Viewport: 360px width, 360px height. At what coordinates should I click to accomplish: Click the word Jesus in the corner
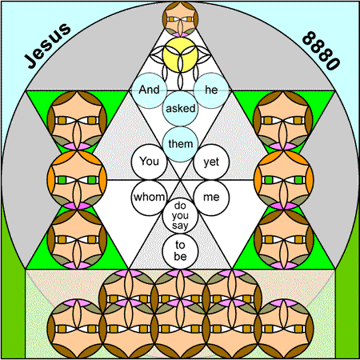pyautogui.click(x=48, y=46)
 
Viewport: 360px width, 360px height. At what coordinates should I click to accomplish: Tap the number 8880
pyautogui.click(x=321, y=50)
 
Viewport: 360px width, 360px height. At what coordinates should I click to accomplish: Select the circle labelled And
pyautogui.click(x=150, y=90)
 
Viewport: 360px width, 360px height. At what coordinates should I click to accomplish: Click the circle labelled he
pyautogui.click(x=211, y=90)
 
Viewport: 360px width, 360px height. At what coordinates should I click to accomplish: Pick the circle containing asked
pyautogui.click(x=180, y=109)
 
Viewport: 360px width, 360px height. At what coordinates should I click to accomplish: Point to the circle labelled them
pyautogui.click(x=180, y=144)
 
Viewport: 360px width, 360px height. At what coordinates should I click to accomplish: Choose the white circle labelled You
pyautogui.click(x=150, y=162)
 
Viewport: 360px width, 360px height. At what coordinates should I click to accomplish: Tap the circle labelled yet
pyautogui.click(x=211, y=162)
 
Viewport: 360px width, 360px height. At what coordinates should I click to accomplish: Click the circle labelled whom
pyautogui.click(x=150, y=198)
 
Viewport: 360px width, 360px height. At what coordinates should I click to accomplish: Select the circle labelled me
pyautogui.click(x=211, y=198)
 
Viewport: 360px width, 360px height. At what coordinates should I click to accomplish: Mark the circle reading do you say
pyautogui.click(x=180, y=215)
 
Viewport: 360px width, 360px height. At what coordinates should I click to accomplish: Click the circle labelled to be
pyautogui.click(x=180, y=251)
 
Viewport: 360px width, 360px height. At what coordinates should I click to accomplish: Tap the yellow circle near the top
pyautogui.click(x=180, y=55)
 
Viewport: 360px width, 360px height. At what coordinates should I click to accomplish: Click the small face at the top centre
pyautogui.click(x=180, y=19)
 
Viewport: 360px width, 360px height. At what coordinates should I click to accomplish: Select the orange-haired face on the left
pyautogui.click(x=77, y=180)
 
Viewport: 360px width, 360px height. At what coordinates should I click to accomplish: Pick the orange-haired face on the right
pyautogui.click(x=284, y=180)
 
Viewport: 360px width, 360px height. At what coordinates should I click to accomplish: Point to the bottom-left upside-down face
pyautogui.click(x=77, y=329)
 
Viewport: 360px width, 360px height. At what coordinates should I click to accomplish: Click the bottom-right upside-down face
pyautogui.click(x=284, y=329)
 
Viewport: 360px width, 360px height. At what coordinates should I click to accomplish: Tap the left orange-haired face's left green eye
pyautogui.click(x=62, y=180)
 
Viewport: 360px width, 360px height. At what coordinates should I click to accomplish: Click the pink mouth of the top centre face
pyautogui.click(x=180, y=34)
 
